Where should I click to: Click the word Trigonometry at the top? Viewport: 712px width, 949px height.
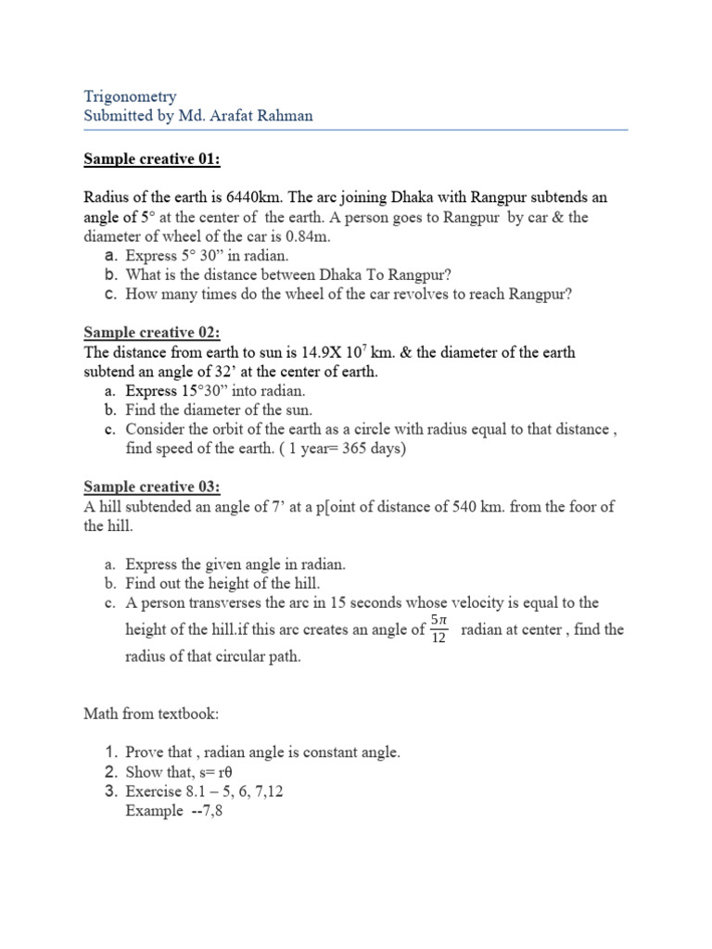(x=130, y=96)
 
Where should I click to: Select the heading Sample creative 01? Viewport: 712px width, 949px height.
(x=152, y=159)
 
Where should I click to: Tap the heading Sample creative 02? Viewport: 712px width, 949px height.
(x=152, y=333)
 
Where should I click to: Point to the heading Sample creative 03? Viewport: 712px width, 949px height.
(x=152, y=487)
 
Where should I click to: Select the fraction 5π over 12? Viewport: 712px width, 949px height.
(x=440, y=630)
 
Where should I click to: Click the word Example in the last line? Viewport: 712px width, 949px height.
(x=154, y=810)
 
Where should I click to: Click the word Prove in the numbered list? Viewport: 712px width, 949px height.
(x=145, y=752)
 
